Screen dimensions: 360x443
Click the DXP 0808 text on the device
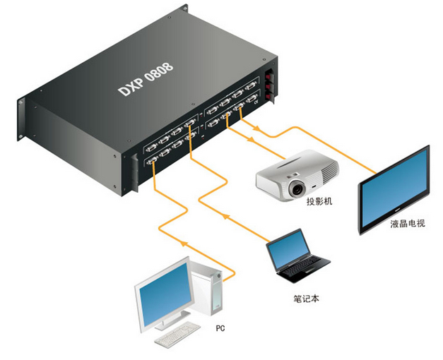145,78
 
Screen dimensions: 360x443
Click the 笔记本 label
307,298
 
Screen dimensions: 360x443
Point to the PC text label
220,329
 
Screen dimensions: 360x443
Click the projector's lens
296,188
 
